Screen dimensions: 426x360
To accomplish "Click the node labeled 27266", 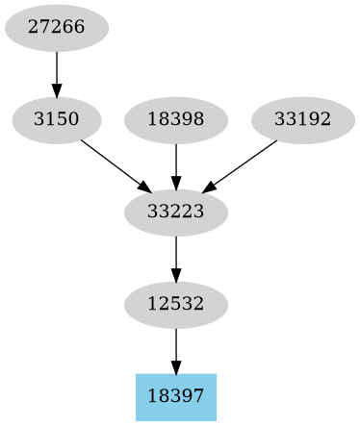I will [x=56, y=27].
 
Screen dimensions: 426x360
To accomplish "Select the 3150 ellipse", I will [x=56, y=120].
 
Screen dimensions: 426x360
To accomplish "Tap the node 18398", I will [x=176, y=120].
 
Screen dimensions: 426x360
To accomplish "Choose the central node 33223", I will [x=176, y=212].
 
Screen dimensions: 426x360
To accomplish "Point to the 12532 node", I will [x=176, y=304].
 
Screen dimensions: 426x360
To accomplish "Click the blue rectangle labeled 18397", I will [x=176, y=396].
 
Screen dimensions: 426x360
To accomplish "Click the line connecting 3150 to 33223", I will [x=112, y=163].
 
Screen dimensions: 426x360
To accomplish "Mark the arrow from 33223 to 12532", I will [x=176, y=256].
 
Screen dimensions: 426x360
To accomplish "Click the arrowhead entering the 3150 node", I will [x=56, y=91].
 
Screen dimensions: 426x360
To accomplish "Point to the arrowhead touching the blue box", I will [x=176, y=367].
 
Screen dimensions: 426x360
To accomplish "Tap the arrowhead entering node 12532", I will [x=176, y=276].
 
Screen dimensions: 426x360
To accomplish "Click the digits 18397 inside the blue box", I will [x=176, y=396].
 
